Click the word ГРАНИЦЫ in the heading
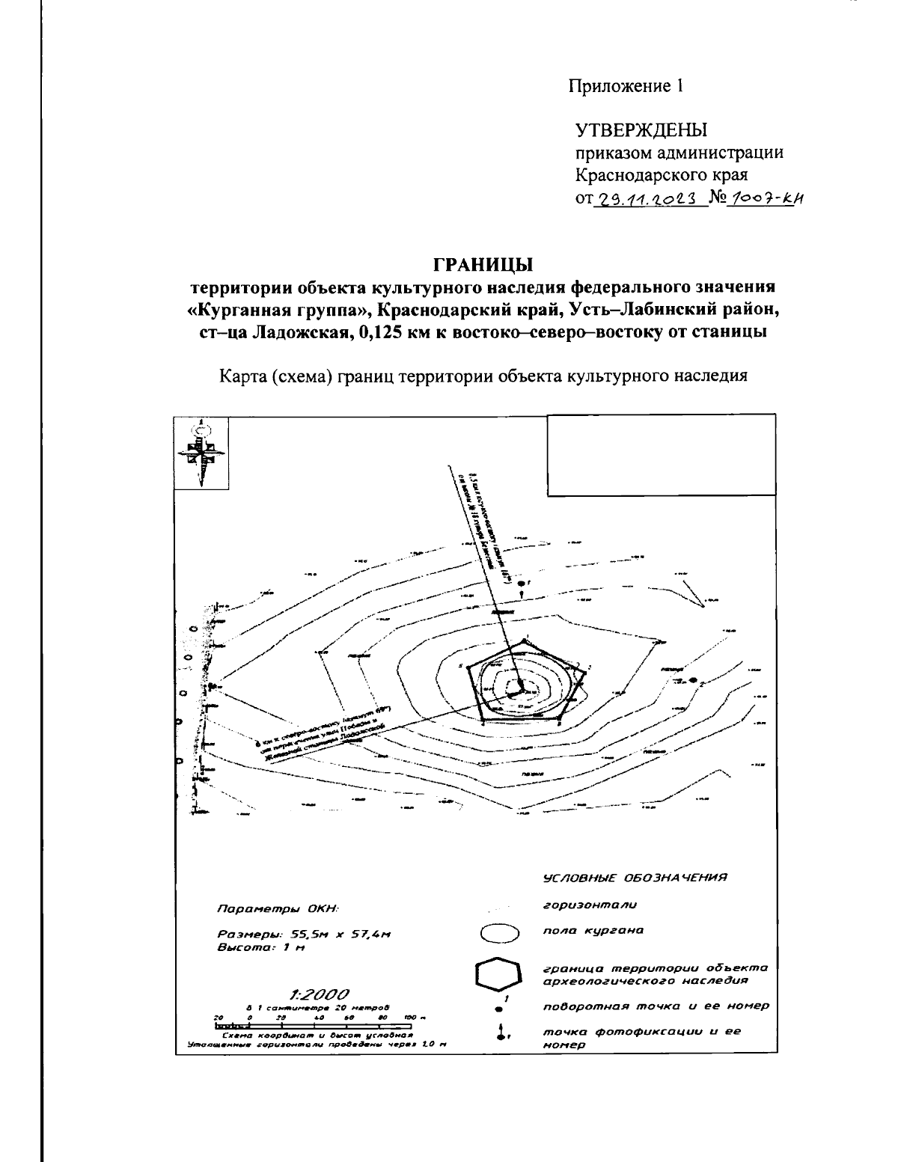(483, 264)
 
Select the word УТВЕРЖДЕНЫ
(641, 132)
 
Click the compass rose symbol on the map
(201, 453)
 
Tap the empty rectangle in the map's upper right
(661, 454)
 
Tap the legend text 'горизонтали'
(590, 905)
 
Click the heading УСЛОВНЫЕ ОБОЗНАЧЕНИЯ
(635, 877)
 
